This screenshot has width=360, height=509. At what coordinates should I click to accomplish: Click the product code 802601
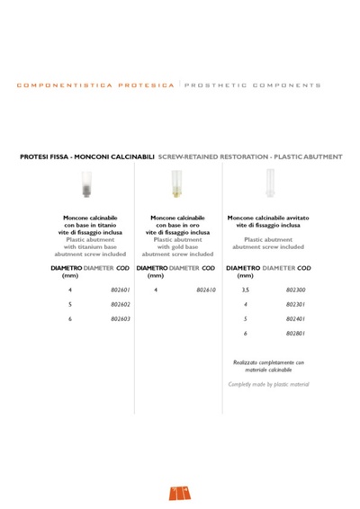click(121, 290)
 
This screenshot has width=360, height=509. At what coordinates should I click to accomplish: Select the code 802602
click(121, 305)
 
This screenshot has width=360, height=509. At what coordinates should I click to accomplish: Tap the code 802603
click(121, 318)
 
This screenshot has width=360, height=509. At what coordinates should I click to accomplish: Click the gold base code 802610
click(206, 290)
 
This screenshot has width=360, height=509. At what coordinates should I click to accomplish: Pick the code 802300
click(295, 290)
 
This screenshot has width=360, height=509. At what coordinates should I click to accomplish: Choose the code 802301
click(295, 305)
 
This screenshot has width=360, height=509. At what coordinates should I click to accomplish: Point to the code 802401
click(295, 318)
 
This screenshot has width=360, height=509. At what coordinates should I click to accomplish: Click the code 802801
click(295, 333)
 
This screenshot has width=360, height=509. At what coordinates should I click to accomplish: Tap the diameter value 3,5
click(246, 290)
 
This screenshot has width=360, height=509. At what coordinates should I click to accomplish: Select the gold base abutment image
click(177, 186)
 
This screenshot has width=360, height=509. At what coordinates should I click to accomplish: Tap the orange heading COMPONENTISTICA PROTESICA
click(94, 85)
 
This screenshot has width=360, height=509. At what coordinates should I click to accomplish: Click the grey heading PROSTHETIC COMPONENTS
click(253, 85)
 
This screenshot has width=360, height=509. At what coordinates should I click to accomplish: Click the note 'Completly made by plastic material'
click(267, 384)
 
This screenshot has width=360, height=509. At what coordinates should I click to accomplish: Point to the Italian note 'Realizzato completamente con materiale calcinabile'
click(267, 364)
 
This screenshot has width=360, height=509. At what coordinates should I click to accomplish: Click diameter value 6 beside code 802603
click(70, 318)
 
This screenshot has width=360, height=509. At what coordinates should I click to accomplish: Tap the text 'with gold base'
click(177, 247)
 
